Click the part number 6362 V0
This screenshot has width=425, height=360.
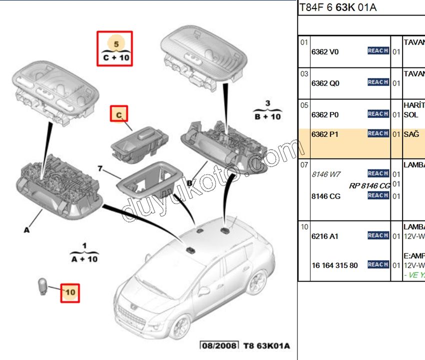click(x=325, y=51)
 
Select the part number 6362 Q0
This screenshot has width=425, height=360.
click(x=325, y=83)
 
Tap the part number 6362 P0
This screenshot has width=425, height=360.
click(x=325, y=115)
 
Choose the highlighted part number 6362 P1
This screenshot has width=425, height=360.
click(x=325, y=134)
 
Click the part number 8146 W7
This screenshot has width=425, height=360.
click(x=325, y=174)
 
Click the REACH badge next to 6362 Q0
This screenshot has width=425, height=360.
click(x=378, y=82)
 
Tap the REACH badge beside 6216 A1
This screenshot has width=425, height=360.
click(x=378, y=235)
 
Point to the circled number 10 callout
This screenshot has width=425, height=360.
click(x=70, y=292)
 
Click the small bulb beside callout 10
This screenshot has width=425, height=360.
click(x=44, y=288)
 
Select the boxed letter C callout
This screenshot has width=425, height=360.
click(x=119, y=115)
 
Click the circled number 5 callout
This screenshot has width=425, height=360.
click(x=116, y=44)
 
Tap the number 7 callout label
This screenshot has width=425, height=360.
click(x=100, y=169)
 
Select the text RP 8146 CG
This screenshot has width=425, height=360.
click(x=369, y=185)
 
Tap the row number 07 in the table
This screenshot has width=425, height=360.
click(x=304, y=164)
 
